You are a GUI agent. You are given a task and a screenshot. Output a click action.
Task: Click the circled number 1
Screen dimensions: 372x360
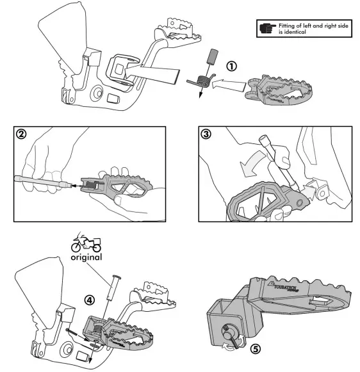[231, 66]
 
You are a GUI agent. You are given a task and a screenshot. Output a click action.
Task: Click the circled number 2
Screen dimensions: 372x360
[23, 136]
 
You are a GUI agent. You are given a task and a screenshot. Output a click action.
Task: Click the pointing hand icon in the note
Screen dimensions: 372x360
[267, 29]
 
